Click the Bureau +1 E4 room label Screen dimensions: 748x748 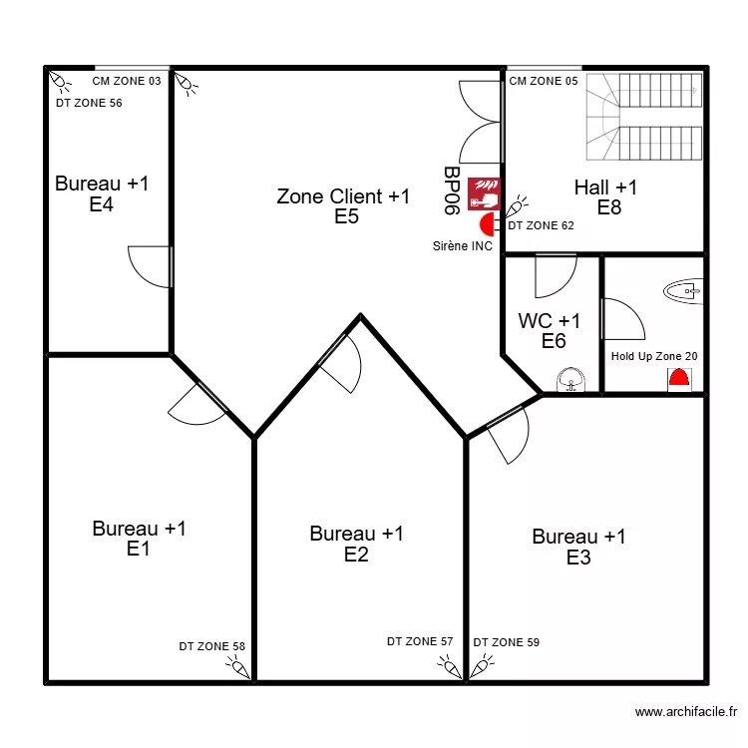[102, 194]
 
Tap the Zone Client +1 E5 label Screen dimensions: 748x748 [343, 206]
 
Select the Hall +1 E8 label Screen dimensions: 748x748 [606, 196]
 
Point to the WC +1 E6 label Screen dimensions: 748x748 [550, 331]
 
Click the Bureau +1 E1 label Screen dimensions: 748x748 [139, 539]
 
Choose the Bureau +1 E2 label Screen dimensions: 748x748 [356, 545]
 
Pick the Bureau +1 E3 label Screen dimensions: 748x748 [578, 548]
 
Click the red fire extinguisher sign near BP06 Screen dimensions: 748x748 [484, 191]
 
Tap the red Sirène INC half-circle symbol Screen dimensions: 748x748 [488, 224]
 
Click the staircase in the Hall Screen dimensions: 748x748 [644, 116]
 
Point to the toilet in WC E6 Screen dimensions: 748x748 [570, 380]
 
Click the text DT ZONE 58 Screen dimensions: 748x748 [211, 646]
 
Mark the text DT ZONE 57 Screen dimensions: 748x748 [420, 642]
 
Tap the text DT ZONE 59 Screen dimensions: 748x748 [507, 642]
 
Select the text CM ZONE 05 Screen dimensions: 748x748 [544, 81]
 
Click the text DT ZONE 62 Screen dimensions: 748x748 [542, 225]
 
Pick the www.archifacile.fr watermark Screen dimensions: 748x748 [686, 712]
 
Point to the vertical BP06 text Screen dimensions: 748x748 [451, 190]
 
